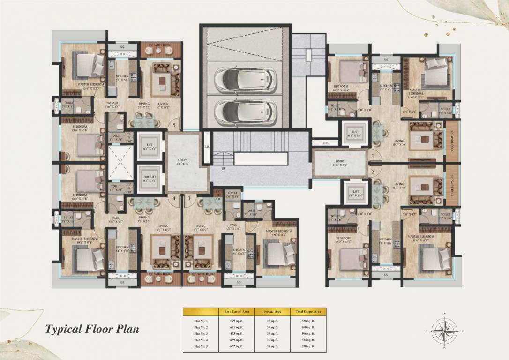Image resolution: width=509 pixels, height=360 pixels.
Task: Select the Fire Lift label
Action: [150, 177]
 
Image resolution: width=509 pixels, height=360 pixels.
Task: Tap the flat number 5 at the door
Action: [174, 126]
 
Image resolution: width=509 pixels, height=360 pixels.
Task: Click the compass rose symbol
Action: [445, 331]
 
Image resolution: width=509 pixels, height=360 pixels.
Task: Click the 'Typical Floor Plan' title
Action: [92, 329]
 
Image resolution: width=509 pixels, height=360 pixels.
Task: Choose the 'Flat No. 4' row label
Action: [200, 340]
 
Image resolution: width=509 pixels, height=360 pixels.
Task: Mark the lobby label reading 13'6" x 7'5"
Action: [340, 163]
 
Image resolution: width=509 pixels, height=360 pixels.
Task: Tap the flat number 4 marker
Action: [174, 198]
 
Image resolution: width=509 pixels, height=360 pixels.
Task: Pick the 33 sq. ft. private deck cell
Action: [272, 334]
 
